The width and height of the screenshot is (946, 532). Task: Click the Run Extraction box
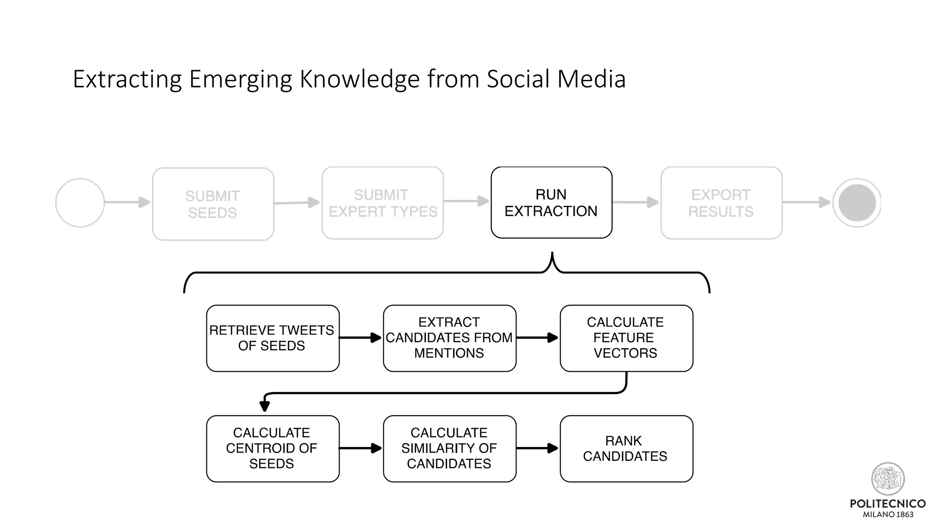click(551, 203)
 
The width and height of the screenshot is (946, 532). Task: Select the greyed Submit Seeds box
click(213, 204)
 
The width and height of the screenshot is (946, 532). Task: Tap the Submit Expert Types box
click(382, 203)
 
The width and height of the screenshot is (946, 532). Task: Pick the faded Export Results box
click(721, 203)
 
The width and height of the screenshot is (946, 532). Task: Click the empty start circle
click(80, 203)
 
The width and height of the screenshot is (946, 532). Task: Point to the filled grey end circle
click(857, 203)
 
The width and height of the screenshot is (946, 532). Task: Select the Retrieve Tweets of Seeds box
click(273, 338)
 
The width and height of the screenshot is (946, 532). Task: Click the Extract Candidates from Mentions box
click(449, 338)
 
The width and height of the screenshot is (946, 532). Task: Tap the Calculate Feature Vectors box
click(626, 338)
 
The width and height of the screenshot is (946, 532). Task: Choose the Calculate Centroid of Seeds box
click(273, 448)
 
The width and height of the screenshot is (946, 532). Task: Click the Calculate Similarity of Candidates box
click(449, 448)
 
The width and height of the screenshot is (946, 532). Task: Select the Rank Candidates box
click(626, 448)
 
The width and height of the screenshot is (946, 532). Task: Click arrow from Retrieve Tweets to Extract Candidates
click(360, 338)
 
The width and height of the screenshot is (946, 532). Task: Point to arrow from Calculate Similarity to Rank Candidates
click(537, 448)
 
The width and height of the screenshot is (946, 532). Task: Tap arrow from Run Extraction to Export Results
click(636, 202)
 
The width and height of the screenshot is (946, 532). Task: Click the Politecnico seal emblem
click(888, 479)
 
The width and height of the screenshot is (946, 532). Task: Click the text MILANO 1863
click(888, 514)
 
